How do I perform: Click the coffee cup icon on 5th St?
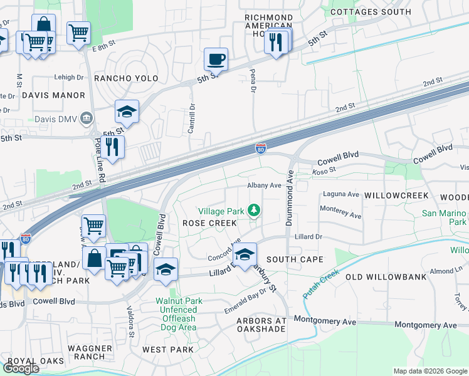216,60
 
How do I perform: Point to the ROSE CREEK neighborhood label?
209,223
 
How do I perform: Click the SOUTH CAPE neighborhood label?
295,259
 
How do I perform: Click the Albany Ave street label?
264,185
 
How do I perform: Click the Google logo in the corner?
21,368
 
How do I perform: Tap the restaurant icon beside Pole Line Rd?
113,147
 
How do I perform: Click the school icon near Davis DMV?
127,112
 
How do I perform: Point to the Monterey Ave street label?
340,215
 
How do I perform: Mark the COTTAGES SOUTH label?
371,12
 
